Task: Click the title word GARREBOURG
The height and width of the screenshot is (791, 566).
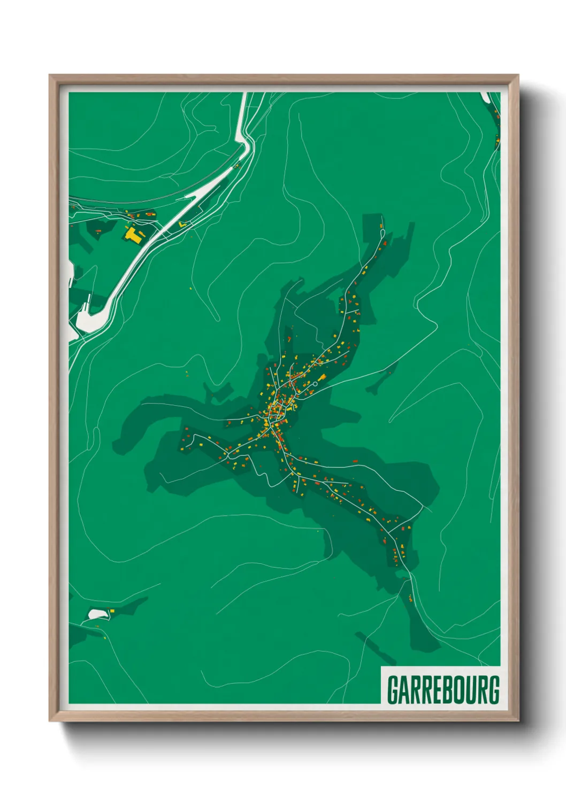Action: point(443,690)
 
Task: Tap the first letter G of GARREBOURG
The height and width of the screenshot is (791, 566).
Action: point(393,690)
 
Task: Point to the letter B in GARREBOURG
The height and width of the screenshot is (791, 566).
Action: point(445,690)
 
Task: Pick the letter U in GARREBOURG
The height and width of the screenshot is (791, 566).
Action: point(469,690)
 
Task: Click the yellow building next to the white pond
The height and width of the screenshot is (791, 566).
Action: point(112,610)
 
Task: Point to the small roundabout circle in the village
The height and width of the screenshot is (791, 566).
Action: point(315,384)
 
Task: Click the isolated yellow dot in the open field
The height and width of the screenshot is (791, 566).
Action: point(191,289)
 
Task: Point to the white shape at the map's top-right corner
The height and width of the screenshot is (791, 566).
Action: point(488,98)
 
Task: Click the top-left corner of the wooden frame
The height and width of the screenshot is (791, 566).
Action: point(50,76)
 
